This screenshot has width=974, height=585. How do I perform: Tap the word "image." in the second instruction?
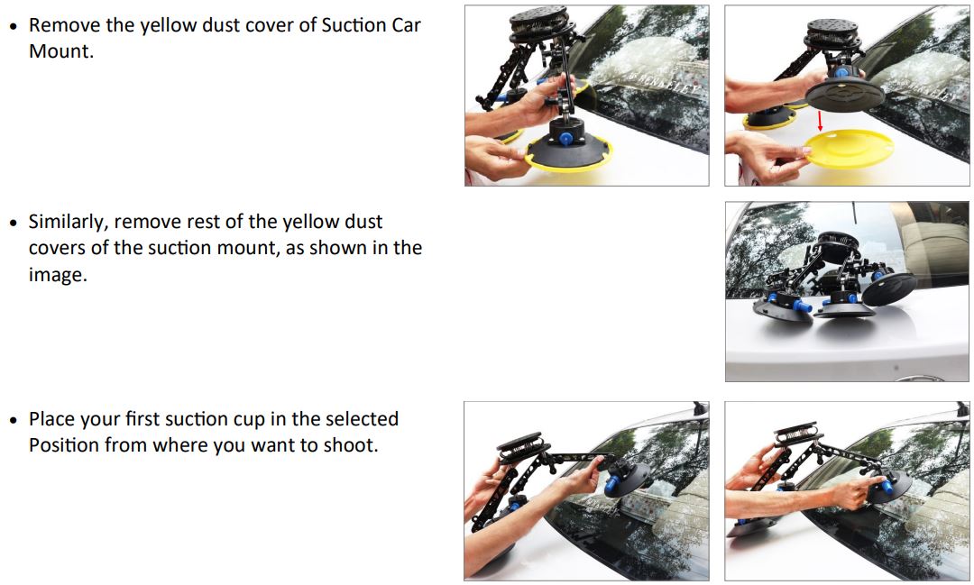(x=58, y=274)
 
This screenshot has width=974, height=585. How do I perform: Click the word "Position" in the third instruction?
(x=64, y=445)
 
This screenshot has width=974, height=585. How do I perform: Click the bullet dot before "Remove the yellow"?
(x=13, y=26)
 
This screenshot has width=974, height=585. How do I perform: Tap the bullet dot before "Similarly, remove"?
(x=13, y=223)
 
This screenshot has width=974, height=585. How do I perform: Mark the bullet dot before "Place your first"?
(x=13, y=420)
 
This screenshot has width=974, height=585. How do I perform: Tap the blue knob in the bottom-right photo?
(x=885, y=488)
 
